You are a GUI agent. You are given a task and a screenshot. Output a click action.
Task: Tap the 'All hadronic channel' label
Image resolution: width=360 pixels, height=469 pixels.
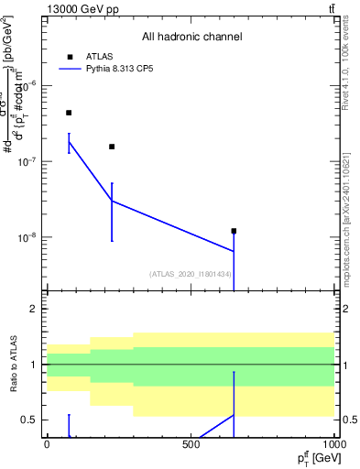191,38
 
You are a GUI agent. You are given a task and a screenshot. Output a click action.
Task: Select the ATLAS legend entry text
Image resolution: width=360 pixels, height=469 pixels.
99,56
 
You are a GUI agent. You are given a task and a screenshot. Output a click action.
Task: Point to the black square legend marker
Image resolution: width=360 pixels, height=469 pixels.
70,57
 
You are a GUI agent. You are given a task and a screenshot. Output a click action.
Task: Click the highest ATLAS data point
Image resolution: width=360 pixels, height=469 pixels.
69,113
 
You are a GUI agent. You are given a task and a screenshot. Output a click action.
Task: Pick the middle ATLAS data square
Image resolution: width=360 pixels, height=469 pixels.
112,147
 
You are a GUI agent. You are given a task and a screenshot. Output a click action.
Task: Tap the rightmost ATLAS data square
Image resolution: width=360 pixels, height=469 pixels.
234,231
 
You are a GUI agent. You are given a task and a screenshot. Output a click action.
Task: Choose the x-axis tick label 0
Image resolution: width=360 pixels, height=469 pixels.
47,443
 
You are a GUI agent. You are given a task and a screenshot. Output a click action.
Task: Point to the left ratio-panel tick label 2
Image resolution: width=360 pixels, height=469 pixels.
34,310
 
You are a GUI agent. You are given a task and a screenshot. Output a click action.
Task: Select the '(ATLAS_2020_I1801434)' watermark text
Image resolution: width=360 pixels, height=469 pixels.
191,274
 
